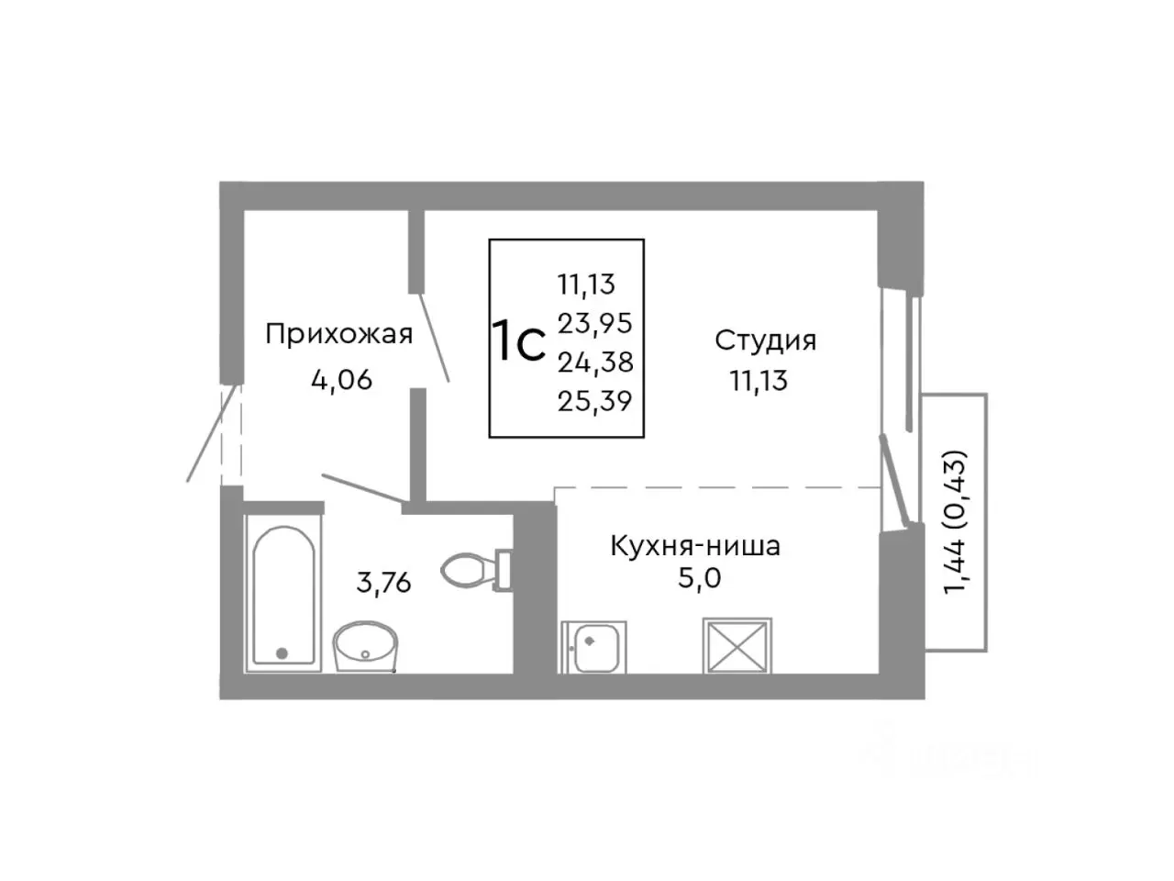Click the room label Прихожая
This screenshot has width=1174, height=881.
pyautogui.click(x=338, y=334)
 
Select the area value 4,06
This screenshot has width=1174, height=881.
pyautogui.click(x=341, y=379)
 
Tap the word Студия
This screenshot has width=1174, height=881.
pyautogui.click(x=765, y=340)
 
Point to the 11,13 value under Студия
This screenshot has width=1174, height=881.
pyautogui.click(x=759, y=380)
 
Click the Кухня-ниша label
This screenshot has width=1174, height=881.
pyautogui.click(x=695, y=547)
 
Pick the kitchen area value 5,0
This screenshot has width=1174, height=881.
pyautogui.click(x=695, y=582)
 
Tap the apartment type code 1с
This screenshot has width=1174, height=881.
pyautogui.click(x=519, y=341)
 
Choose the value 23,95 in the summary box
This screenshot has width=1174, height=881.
pyautogui.click(x=595, y=323)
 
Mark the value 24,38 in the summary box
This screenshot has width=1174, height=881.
pyautogui.click(x=595, y=362)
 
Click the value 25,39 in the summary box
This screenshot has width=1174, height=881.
pyautogui.click(x=595, y=400)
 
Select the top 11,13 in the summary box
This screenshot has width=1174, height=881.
pyautogui.click(x=586, y=284)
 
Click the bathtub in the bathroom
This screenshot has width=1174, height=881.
pyautogui.click(x=283, y=597)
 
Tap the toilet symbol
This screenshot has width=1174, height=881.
pyautogui.click(x=473, y=570)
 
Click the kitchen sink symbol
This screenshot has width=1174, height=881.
pyautogui.click(x=593, y=647)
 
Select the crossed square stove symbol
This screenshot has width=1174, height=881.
pyautogui.click(x=737, y=646)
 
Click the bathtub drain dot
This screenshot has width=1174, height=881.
pyautogui.click(x=282, y=653)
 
